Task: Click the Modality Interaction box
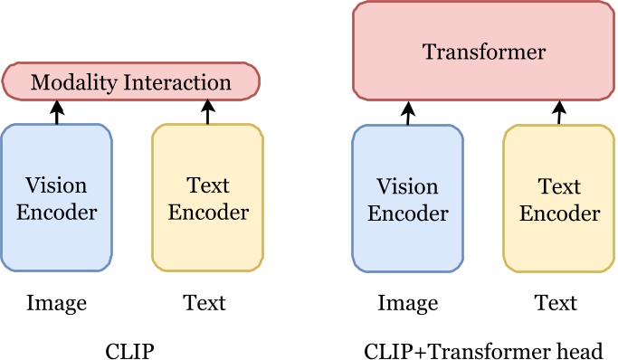coord(131,82)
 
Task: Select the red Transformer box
coord(484,52)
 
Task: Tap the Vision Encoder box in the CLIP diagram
coord(57,198)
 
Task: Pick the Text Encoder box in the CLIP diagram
coord(208,198)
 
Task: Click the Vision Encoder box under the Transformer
coord(408,199)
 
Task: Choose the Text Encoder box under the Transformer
coord(559,199)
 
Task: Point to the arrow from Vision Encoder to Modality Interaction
coord(57,112)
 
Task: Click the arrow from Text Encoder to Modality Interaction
coord(208,112)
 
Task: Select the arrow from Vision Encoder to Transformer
coord(408,113)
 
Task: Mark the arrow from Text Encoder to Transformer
coord(559,113)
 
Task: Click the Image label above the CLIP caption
coord(57,303)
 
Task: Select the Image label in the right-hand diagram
coord(408,303)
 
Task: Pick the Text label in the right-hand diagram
coord(556,303)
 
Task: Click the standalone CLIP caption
coord(131,349)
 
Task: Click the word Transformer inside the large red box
coord(484,52)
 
